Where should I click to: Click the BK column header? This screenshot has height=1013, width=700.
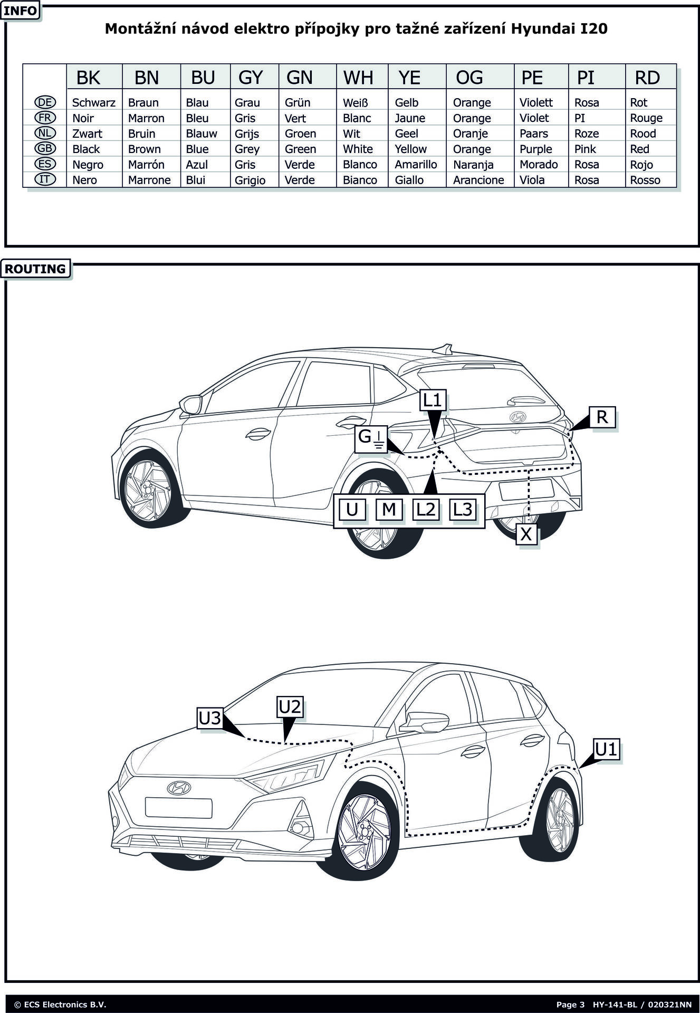[x=88, y=78]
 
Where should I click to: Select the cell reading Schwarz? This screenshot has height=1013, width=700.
[x=93, y=102]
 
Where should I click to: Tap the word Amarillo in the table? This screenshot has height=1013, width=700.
[x=416, y=165]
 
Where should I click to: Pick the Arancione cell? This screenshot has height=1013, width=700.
[x=478, y=180]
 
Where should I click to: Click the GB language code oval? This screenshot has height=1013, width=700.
[x=45, y=149]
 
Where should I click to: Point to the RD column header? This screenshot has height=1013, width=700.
[x=647, y=78]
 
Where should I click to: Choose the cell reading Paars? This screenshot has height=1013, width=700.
[x=533, y=133]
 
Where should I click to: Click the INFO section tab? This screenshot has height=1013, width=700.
[x=21, y=11]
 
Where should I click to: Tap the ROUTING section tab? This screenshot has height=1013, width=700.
[x=35, y=269]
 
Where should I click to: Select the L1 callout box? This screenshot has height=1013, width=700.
[x=432, y=400]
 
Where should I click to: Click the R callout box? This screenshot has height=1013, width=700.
[x=602, y=417]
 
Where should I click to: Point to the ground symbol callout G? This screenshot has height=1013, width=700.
[x=371, y=438]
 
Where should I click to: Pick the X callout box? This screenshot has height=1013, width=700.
[x=526, y=534]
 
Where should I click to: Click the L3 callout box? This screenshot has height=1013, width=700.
[x=462, y=509]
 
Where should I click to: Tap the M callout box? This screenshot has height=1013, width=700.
[x=389, y=509]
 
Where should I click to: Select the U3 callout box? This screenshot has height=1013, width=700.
[x=210, y=719]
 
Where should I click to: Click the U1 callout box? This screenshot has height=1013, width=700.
[x=606, y=749]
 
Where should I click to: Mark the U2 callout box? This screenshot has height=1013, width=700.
[x=290, y=707]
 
